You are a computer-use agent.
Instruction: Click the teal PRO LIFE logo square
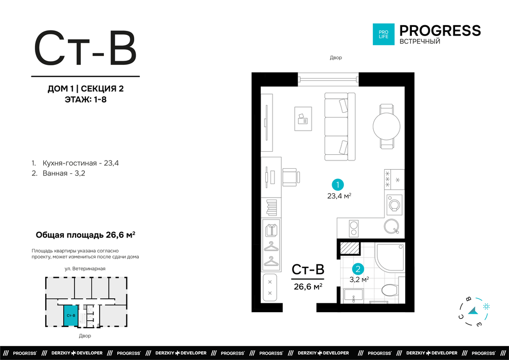(384, 34)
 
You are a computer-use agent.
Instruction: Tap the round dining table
(386, 127)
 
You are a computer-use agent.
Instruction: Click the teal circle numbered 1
(338, 185)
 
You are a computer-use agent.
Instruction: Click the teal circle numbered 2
(358, 269)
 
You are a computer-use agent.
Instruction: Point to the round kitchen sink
(391, 226)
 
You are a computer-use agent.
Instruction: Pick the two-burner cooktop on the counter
(354, 228)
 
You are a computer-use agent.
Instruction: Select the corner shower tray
(390, 257)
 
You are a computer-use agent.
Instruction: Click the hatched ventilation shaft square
(350, 248)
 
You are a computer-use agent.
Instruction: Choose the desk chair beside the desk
(291, 177)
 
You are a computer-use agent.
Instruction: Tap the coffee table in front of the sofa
(303, 119)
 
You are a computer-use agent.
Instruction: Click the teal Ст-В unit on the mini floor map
(71, 315)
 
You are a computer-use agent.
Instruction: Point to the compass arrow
(473, 311)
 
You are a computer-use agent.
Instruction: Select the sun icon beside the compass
(486, 306)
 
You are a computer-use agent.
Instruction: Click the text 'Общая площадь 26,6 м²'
(85, 235)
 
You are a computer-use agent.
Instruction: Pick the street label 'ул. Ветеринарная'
(85, 268)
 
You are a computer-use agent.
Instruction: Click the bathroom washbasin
(354, 295)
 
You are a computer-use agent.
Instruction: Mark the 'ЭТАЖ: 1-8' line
(86, 99)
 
